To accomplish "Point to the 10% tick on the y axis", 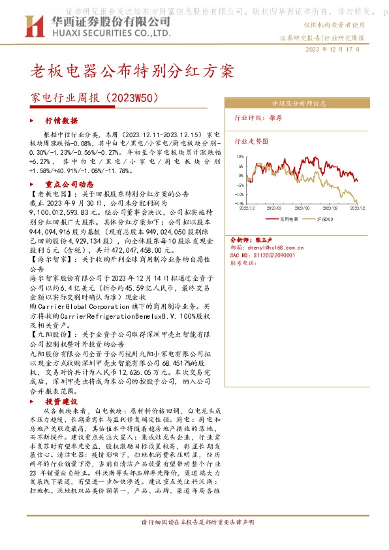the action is [241, 157].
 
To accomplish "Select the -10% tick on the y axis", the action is [240, 194].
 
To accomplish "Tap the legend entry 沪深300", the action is [326, 219].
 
